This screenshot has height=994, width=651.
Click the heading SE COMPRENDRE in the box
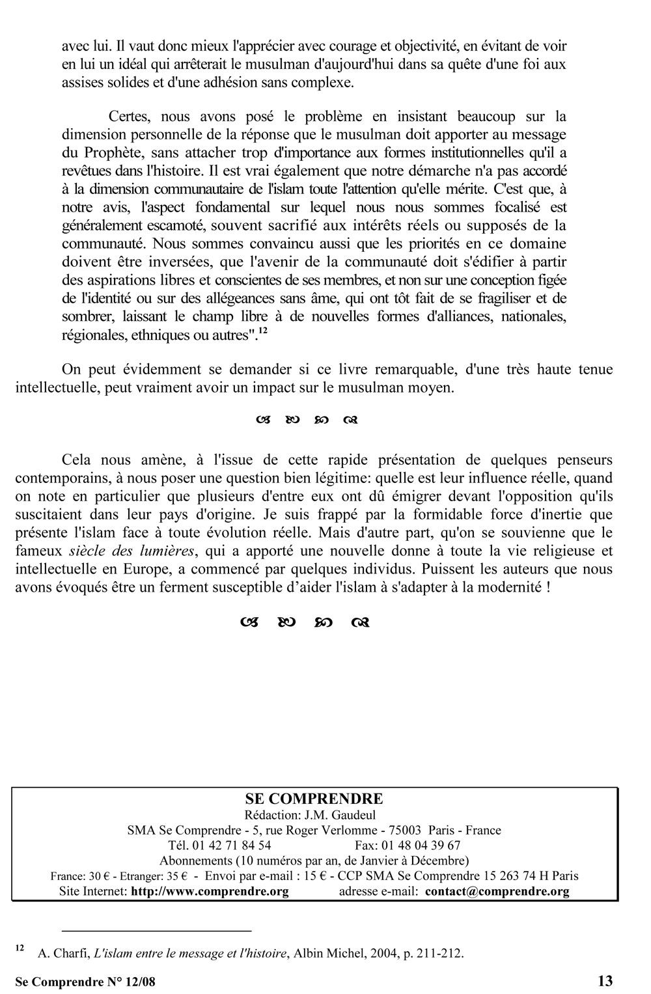click(x=314, y=799)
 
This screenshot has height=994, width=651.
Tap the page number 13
click(x=605, y=980)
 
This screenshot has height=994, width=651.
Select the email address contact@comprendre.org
click(x=497, y=891)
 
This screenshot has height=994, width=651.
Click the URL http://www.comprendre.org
click(x=210, y=891)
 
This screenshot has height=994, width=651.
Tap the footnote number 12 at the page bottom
click(x=20, y=948)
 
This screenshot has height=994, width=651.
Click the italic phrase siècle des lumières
click(x=132, y=551)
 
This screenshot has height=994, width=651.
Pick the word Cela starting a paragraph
click(x=76, y=460)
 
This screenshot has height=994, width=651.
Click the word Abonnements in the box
click(x=190, y=861)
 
